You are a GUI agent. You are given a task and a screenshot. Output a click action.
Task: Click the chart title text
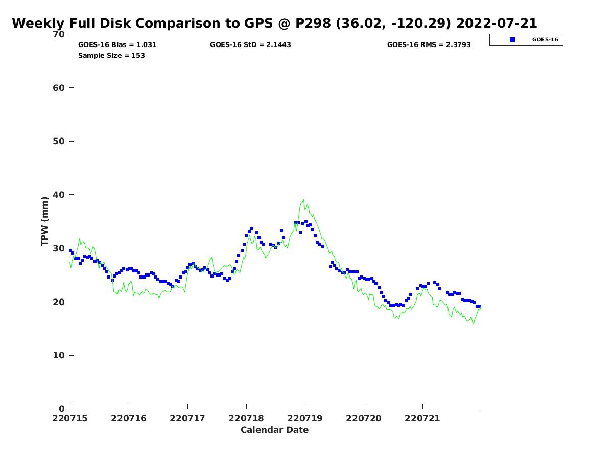click(274, 24)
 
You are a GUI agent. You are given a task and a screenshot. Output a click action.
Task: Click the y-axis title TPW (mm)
click(45, 221)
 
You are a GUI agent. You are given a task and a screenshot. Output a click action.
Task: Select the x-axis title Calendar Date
click(274, 430)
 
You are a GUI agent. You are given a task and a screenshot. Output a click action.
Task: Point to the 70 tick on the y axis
click(59, 34)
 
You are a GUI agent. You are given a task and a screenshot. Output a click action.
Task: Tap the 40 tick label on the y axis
click(59, 195)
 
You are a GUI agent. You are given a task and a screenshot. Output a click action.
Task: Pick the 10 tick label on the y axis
click(59, 355)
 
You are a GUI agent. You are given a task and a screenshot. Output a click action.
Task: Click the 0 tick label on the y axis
click(62, 409)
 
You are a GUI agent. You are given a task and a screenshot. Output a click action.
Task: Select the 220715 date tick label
click(70, 418)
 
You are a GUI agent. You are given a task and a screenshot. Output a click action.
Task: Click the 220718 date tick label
click(246, 418)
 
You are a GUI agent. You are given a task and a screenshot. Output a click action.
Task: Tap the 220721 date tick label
click(422, 418)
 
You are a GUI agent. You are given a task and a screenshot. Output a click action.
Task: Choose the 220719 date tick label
click(305, 418)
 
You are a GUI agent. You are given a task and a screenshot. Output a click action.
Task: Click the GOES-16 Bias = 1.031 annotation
click(117, 45)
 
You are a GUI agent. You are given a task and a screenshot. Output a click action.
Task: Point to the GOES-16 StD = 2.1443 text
click(250, 45)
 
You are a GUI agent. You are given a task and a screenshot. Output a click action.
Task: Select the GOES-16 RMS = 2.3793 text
click(429, 45)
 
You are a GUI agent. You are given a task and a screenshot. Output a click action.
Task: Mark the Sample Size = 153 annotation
click(111, 56)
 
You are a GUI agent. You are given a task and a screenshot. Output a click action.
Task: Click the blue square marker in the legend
click(512, 40)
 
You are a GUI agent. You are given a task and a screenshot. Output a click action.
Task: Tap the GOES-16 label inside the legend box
click(545, 40)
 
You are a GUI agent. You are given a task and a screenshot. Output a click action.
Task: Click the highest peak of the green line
click(303, 200)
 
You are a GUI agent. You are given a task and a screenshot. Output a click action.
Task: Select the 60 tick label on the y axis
click(59, 88)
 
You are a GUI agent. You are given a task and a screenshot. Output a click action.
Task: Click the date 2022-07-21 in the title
click(496, 24)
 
